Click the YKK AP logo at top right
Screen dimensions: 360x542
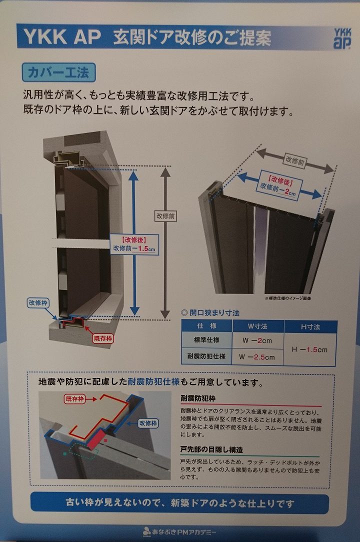342,38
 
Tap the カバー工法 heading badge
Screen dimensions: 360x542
59,72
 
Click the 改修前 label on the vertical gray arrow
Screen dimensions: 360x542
165,216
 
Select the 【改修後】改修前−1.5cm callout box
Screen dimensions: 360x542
134,244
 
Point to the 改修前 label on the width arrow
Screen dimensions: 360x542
294,160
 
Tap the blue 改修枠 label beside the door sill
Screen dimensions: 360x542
38,303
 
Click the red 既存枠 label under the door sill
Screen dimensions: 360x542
103,338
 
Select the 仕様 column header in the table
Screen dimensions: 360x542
206,326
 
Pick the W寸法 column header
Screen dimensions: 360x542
258,326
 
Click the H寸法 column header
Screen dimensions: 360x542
310,326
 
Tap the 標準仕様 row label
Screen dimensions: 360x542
206,340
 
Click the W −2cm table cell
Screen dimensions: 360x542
257,340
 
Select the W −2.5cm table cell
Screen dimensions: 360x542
257,357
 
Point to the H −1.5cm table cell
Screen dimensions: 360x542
309,349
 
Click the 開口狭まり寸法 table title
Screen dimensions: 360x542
210,313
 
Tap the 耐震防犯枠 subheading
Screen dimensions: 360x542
198,398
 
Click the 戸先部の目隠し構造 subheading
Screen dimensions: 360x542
211,449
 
